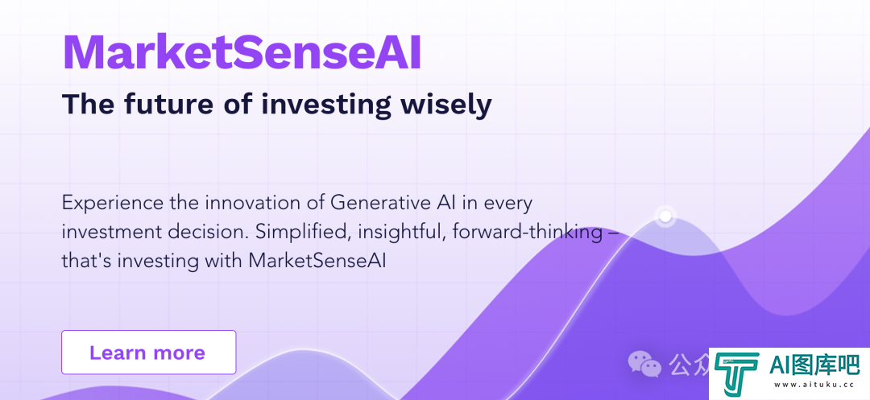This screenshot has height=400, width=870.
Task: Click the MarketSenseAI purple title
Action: click(242, 52)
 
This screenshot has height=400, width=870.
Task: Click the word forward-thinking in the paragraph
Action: click(528, 232)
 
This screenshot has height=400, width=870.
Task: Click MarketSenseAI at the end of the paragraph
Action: click(317, 261)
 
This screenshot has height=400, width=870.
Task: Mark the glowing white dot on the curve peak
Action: click(665, 216)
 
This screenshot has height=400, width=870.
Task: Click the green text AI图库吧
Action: click(814, 365)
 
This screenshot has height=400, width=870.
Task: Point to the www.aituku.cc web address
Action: click(814, 385)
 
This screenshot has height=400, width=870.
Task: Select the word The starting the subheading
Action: click(89, 104)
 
